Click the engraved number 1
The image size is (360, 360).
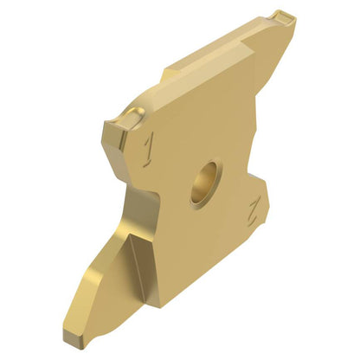click(148, 150)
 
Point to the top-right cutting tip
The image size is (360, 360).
click(284, 18)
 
